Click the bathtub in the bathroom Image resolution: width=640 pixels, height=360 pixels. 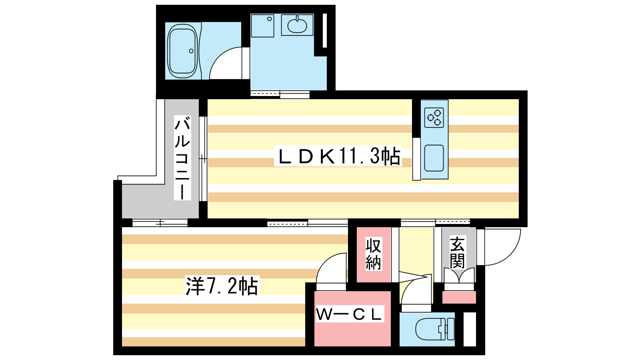coord(182,51)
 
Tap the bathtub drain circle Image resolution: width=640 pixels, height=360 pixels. coord(191,51)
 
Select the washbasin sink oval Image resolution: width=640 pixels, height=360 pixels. coord(297,26)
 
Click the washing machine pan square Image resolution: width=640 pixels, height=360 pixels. coord(262,26)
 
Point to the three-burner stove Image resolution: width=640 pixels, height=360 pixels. coord(434,118)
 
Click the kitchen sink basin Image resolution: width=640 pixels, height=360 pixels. coord(434,158)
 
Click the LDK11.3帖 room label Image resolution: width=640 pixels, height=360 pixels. coord(338,156)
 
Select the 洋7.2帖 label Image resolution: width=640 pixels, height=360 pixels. coord(222,286)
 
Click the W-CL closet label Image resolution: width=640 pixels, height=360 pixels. coord(349,314)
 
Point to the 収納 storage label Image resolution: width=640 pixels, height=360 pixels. coord(374,254)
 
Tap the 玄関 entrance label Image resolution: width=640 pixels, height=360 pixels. coord(458,252)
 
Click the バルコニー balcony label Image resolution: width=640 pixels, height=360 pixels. coord(182,158)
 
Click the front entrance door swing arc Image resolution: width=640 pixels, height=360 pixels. coord(502,247)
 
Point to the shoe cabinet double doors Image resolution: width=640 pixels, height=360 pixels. coord(459,276)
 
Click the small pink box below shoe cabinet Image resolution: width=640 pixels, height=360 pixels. coord(459,298)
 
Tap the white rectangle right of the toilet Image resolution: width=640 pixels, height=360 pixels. coord(470,329)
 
